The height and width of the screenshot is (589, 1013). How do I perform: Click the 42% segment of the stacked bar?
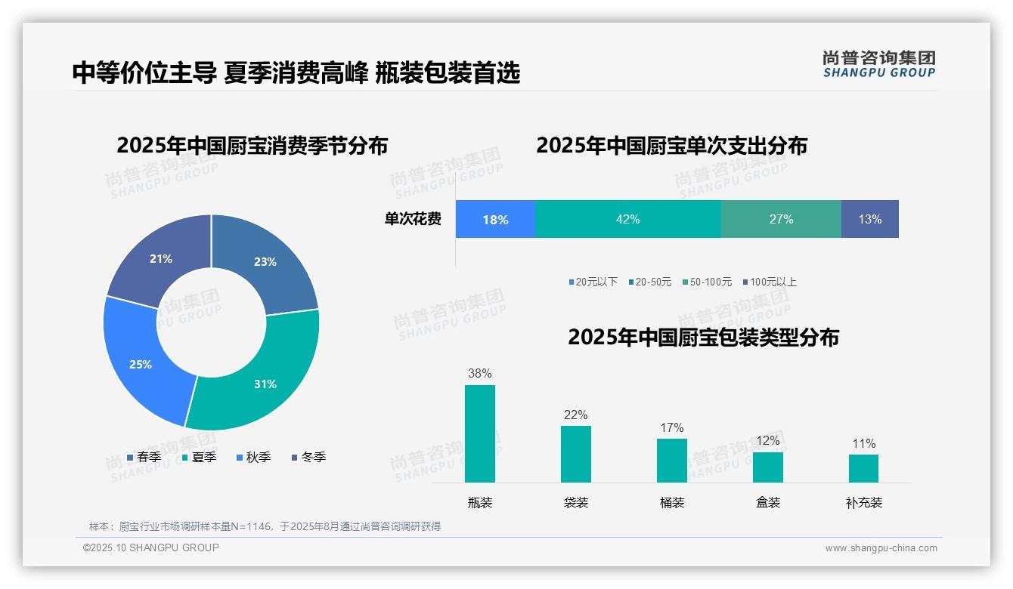(x=627, y=219)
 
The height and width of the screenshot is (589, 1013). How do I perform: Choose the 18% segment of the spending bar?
(x=495, y=219)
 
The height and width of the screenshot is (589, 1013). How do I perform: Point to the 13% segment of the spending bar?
(x=869, y=219)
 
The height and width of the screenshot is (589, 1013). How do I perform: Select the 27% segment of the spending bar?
(x=781, y=219)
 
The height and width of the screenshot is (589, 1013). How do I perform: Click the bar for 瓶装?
(x=480, y=433)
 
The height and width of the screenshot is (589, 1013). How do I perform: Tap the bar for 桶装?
(x=671, y=460)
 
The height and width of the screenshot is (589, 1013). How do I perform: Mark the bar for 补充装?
(x=863, y=468)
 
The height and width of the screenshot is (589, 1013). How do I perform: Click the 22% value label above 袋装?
(x=575, y=415)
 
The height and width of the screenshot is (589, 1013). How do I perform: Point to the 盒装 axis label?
(x=768, y=502)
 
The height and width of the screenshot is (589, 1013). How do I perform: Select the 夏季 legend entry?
(x=200, y=457)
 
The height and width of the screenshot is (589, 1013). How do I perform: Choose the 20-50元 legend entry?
(x=649, y=282)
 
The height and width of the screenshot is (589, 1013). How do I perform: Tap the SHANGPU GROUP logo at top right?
(x=878, y=63)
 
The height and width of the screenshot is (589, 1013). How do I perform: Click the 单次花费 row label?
(x=413, y=219)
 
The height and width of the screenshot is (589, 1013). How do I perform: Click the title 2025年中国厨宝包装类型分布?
(x=703, y=337)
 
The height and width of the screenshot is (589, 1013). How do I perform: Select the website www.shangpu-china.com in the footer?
(x=881, y=547)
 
